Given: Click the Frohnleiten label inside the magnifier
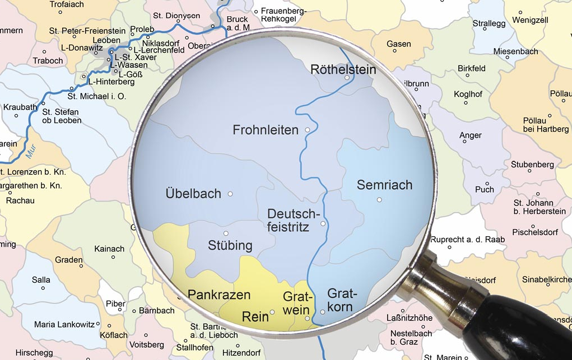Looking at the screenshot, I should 266,130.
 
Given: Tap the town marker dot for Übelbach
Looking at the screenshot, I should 230,194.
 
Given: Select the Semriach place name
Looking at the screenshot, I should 384,185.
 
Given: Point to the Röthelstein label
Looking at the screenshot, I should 343,70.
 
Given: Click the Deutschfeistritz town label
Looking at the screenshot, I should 293,219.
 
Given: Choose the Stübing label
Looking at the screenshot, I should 230,245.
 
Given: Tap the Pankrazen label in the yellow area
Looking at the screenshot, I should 219,294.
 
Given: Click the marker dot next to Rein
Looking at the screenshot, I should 272,312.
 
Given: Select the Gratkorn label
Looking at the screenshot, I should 340,300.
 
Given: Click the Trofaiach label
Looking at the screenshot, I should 67,4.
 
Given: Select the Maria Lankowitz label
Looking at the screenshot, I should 60,324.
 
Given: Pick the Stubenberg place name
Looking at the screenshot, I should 532,165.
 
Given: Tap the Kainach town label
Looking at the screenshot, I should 109,249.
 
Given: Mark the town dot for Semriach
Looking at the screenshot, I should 379,199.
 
